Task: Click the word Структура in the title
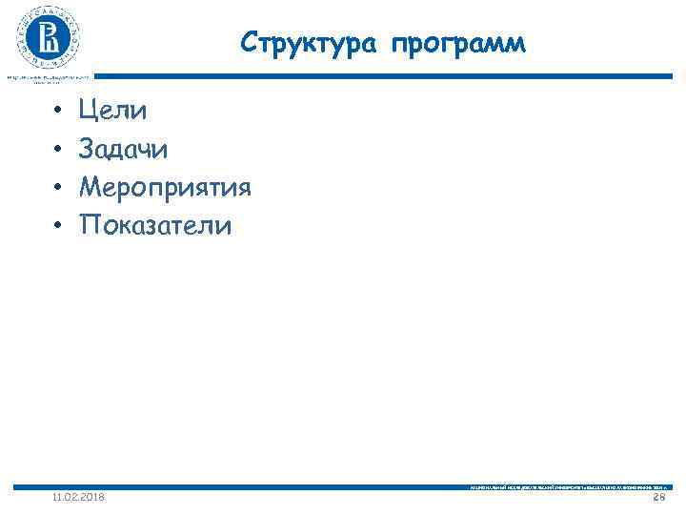[300, 43]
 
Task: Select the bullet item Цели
[113, 112]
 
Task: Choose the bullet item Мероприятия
[165, 188]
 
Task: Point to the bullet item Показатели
[155, 226]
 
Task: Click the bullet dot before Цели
[57, 113]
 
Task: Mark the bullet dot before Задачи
[57, 151]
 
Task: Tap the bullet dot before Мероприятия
[57, 189]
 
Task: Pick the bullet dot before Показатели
[57, 227]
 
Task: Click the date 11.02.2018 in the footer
[79, 498]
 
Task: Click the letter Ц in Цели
[89, 112]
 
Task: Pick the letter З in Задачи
[87, 150]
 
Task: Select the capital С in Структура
[250, 43]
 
